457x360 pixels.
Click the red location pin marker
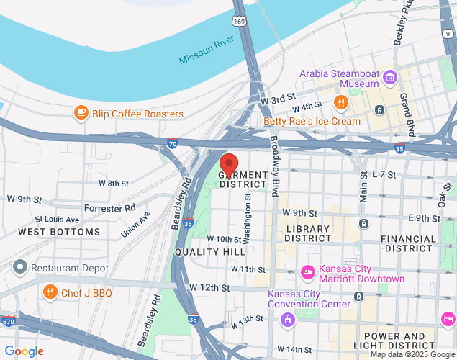click(x=229, y=164)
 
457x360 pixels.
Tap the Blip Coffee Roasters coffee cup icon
click(x=81, y=113)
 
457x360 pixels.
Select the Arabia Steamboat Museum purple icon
click(x=389, y=76)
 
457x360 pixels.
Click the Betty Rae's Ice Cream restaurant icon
click(x=341, y=102)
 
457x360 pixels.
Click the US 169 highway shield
click(x=240, y=22)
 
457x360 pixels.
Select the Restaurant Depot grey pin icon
click(x=19, y=268)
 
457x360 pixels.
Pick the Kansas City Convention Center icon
click(x=288, y=318)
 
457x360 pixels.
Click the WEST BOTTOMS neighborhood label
click(x=59, y=232)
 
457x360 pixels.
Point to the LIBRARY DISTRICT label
click(x=308, y=233)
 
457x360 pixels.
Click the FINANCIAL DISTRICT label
click(x=409, y=243)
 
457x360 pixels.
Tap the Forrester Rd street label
click(x=109, y=207)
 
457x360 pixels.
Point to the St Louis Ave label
click(x=57, y=219)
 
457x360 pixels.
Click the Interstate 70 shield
click(x=172, y=143)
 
